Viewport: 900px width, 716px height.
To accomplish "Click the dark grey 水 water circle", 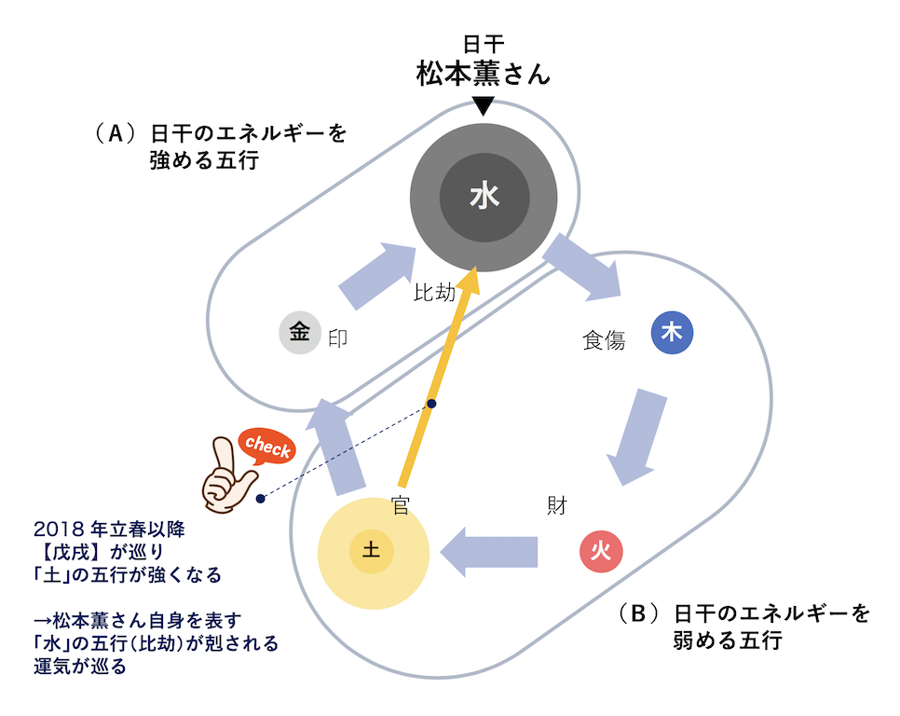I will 484,197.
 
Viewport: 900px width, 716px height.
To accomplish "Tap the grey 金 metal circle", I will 299,333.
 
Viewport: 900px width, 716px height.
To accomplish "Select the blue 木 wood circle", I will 671,331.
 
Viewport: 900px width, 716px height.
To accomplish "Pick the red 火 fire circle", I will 601,551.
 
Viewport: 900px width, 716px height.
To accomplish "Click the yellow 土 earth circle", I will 372,553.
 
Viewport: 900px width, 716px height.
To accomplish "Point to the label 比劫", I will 434,294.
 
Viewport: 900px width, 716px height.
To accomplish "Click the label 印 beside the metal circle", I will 338,338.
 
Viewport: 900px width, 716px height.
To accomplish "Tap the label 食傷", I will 604,341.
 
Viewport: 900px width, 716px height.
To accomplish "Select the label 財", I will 557,505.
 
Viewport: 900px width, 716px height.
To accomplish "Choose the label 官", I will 402,505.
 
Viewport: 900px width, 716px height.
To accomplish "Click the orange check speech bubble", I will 268,447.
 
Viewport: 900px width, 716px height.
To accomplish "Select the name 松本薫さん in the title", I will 483,76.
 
